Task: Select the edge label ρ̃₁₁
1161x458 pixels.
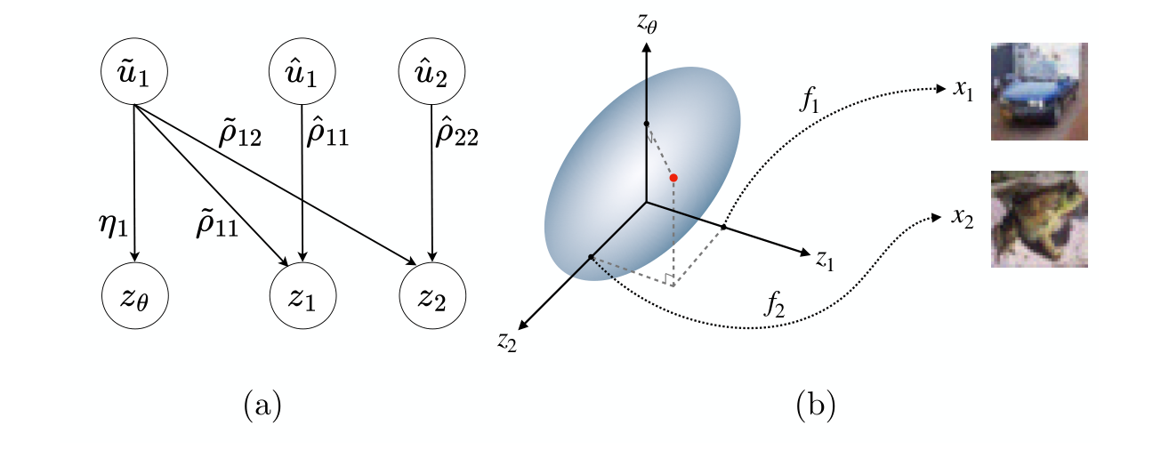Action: tap(216, 223)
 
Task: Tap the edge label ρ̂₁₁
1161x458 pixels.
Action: tap(327, 134)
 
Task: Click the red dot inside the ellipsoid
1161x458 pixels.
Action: tap(673, 178)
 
